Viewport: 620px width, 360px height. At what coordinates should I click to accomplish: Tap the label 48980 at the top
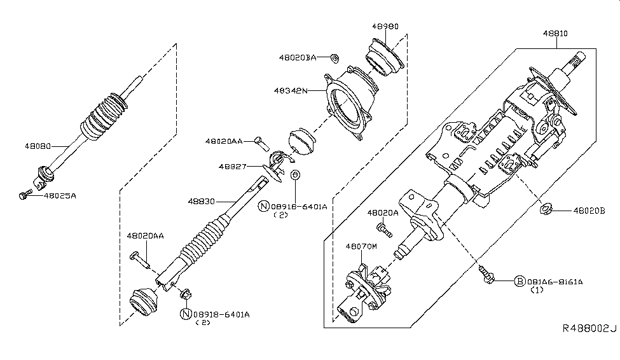pos(385,27)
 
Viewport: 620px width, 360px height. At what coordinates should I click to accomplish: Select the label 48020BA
pos(297,57)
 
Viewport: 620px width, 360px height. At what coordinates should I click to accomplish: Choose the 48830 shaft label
pos(202,200)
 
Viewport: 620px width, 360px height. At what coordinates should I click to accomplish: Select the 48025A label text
pos(60,197)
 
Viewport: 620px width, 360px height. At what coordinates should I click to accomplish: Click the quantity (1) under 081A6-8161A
pos(537,290)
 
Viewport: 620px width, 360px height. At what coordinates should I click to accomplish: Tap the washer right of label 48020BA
pos(334,58)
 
